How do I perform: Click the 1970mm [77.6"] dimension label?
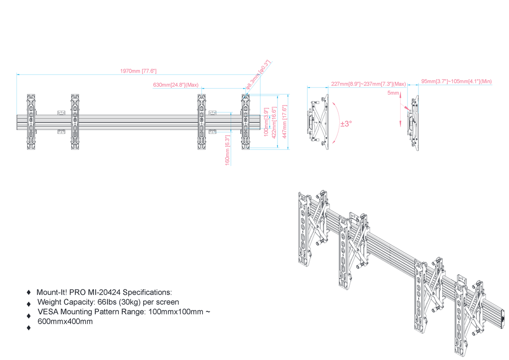click(138, 71)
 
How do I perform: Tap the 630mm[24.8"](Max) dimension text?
click(176, 85)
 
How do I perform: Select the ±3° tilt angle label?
click(346, 124)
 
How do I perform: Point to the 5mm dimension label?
click(393, 93)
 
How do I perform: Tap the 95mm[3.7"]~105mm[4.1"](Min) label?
click(456, 82)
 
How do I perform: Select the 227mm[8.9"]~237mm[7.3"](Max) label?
click(368, 84)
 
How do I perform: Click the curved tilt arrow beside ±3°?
click(336, 124)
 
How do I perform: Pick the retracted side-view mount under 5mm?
click(413, 124)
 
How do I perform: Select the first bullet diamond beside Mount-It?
click(29, 293)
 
